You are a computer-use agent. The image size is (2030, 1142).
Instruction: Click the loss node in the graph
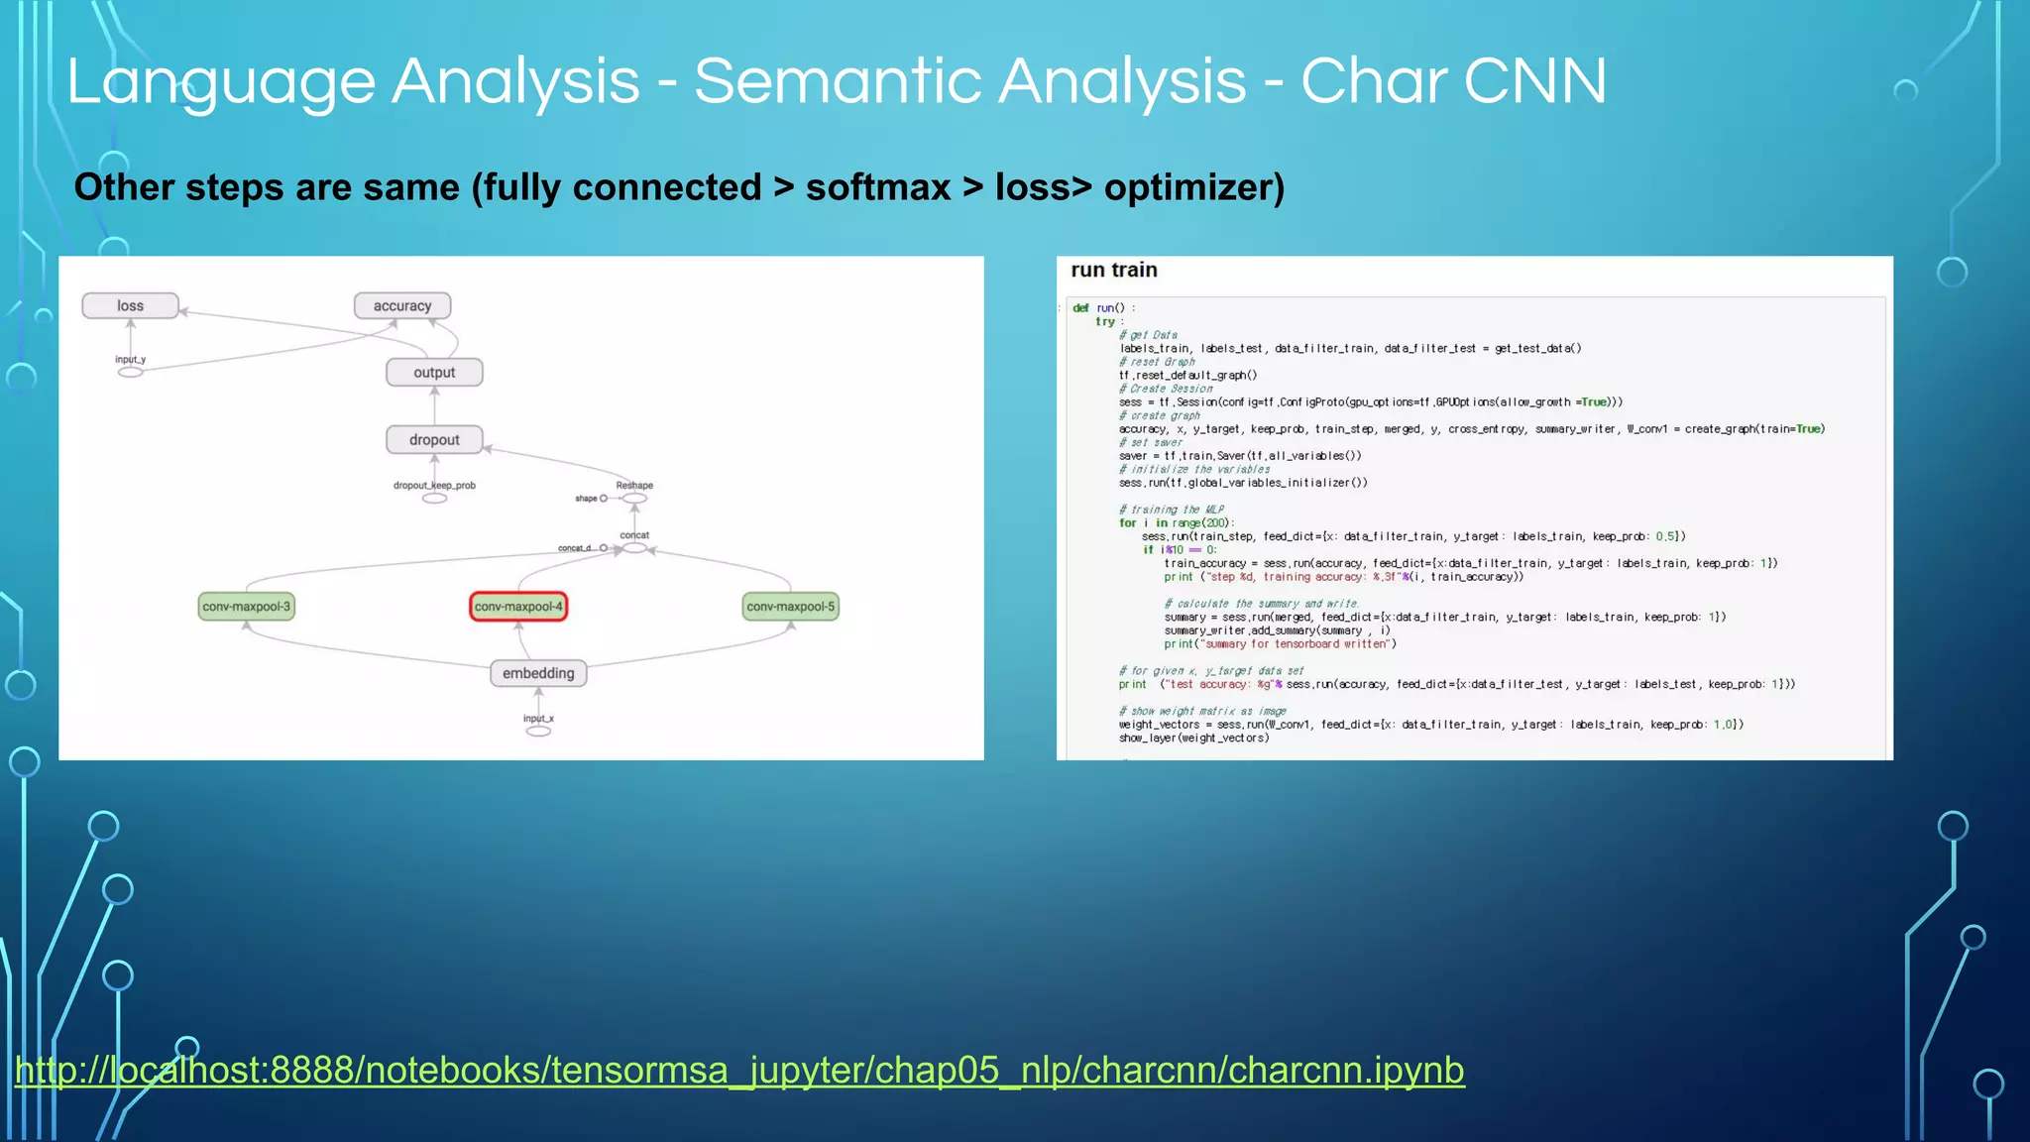coord(130,305)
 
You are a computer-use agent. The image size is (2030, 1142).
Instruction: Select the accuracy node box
coord(402,305)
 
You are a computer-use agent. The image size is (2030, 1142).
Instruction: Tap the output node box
coord(434,373)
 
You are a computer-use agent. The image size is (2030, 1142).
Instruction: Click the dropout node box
coord(434,439)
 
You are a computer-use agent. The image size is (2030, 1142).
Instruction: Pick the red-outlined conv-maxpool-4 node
coord(518,607)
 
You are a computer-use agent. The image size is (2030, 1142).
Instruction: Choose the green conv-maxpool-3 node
coord(246,607)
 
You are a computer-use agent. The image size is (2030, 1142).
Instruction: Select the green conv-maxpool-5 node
coord(790,607)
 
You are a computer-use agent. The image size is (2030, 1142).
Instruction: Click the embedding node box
coord(538,673)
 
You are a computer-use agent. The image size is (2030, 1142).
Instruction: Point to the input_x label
coord(538,718)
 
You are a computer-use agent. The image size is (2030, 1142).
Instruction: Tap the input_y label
coord(130,359)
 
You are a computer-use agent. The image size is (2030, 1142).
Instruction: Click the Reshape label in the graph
coord(634,485)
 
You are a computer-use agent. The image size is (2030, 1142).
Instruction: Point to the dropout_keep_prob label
coord(434,485)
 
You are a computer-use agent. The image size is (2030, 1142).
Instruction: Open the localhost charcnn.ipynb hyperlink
coord(739,1071)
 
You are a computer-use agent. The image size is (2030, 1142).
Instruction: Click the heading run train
coord(1113,270)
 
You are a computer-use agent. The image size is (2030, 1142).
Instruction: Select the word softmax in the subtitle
coord(877,187)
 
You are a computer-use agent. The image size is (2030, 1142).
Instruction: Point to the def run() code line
coord(1103,308)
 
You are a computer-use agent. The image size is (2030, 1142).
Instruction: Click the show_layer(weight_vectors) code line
coord(1193,738)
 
